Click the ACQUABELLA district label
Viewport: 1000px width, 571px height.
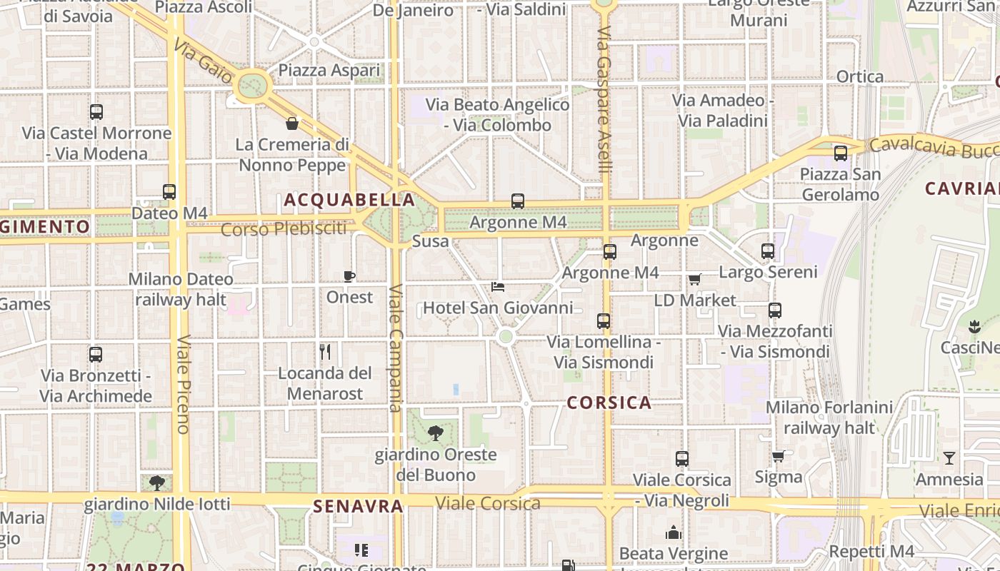pyautogui.click(x=349, y=200)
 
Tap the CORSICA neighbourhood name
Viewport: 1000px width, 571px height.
pyautogui.click(x=609, y=403)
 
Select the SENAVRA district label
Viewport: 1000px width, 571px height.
pyautogui.click(x=358, y=506)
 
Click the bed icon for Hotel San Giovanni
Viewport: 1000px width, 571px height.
pyautogui.click(x=499, y=287)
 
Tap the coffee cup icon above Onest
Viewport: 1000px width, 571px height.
pyautogui.click(x=349, y=276)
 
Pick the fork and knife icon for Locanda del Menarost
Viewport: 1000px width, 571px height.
pyautogui.click(x=325, y=351)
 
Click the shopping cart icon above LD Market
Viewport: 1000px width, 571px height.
pyautogui.click(x=694, y=279)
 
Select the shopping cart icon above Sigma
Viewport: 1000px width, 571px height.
pyautogui.click(x=778, y=455)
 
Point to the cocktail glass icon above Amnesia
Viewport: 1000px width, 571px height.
pyautogui.click(x=949, y=458)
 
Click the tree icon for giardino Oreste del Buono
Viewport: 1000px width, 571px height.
pyautogui.click(x=435, y=433)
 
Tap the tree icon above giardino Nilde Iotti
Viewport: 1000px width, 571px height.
pyautogui.click(x=157, y=483)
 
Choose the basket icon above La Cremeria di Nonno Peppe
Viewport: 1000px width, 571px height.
pyautogui.click(x=292, y=123)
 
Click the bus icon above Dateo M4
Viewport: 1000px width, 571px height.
pyautogui.click(x=169, y=191)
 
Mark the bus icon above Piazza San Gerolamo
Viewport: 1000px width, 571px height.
pyautogui.click(x=840, y=153)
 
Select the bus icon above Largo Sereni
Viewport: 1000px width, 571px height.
pyautogui.click(x=768, y=251)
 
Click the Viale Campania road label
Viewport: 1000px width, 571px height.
pyautogui.click(x=396, y=348)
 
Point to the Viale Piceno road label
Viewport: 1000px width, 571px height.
pyautogui.click(x=182, y=384)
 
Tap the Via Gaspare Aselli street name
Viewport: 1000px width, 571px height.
pyautogui.click(x=605, y=100)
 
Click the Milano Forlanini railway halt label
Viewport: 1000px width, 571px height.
pyautogui.click(x=829, y=418)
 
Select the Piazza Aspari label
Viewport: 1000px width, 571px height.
pyautogui.click(x=329, y=71)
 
